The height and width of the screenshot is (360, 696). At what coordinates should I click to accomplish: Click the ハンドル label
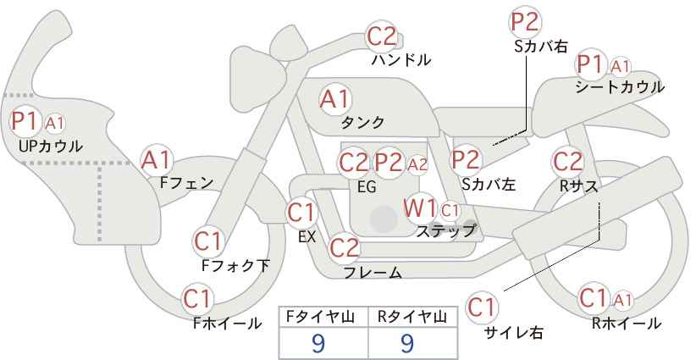coord(400,60)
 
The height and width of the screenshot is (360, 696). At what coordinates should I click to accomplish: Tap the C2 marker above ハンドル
coord(382,36)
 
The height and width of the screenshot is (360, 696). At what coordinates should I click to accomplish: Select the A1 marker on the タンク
coord(335,100)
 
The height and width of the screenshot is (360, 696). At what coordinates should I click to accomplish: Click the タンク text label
coord(362,122)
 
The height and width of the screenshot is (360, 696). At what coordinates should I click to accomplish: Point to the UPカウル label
coord(50,146)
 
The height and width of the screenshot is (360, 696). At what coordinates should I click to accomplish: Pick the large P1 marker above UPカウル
coord(25,121)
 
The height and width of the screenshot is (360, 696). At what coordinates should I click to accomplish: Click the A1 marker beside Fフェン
coord(156,160)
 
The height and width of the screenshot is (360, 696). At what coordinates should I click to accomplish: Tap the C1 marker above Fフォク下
coord(207,242)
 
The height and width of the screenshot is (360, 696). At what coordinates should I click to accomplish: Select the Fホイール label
coord(227,324)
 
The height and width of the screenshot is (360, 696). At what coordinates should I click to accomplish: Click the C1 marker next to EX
coord(301,213)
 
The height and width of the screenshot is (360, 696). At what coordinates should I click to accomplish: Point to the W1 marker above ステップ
coord(419,208)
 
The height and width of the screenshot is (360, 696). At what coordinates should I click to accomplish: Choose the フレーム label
coord(373,272)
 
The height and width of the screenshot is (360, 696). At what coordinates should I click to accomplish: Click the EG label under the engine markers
coord(367,187)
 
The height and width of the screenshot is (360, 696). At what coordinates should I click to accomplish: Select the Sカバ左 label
coord(489,184)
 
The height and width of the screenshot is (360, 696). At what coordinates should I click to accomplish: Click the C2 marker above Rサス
coord(567,162)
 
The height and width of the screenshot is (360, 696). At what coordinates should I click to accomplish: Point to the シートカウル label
coord(620,87)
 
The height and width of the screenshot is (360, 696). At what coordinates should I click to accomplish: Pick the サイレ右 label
coord(514,332)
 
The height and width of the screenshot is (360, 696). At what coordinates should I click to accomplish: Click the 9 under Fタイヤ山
coord(318,343)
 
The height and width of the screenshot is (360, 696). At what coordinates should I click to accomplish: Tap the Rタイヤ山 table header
coord(412,317)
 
